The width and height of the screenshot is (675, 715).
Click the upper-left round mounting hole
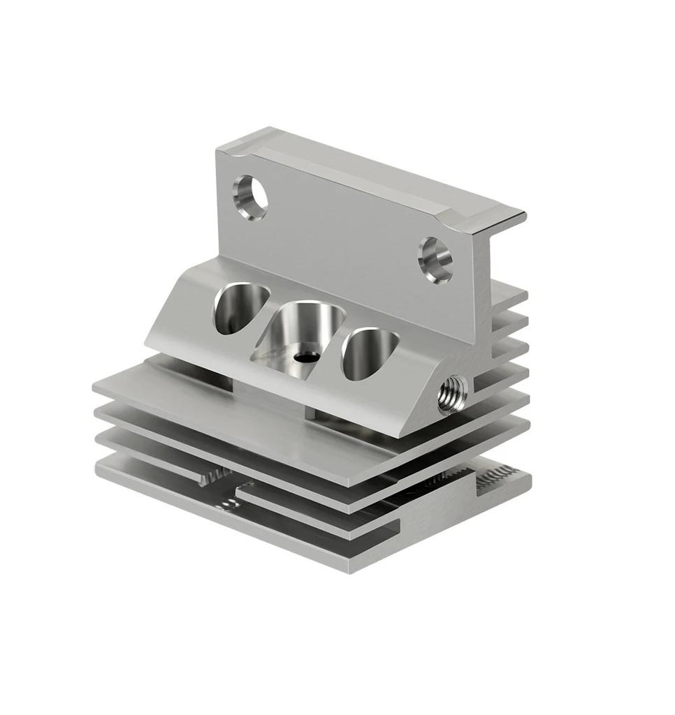coord(249,197)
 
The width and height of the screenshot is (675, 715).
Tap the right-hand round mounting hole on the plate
coord(435,260)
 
